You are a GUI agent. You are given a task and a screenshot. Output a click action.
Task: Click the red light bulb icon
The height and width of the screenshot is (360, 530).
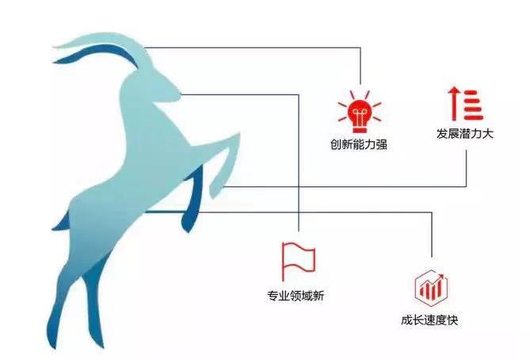pos(360,112)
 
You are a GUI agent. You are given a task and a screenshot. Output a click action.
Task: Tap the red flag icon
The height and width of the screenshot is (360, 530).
pos(298,258)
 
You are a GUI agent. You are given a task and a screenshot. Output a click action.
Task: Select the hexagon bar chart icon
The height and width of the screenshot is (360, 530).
pos(431,289)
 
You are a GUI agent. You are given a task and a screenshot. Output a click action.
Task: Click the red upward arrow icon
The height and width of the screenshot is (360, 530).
pos(455,104)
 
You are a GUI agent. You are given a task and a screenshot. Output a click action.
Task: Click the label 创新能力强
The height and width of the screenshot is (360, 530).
pos(359,144)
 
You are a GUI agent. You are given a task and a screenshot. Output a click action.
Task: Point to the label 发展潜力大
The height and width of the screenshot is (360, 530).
pos(465,133)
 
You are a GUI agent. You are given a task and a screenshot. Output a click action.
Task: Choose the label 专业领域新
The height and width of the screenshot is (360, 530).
pos(296,296)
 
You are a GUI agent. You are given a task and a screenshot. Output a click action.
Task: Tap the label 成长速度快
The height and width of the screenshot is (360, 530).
pos(429,320)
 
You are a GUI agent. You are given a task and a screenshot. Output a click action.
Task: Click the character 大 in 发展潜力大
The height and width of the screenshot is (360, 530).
pos(488,133)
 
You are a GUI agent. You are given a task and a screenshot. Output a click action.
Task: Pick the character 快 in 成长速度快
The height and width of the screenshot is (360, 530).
pos(452,320)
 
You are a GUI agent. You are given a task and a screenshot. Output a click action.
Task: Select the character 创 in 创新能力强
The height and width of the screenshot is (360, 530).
pos(336,144)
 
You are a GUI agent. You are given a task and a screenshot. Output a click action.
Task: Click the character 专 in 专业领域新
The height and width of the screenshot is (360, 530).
pos(273,296)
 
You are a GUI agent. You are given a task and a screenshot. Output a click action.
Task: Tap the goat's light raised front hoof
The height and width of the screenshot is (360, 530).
pos(218,182)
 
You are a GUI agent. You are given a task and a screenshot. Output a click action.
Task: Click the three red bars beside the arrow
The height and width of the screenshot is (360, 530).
pos(473,105)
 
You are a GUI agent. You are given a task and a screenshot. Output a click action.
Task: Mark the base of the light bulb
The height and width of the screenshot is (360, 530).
pos(360,129)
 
